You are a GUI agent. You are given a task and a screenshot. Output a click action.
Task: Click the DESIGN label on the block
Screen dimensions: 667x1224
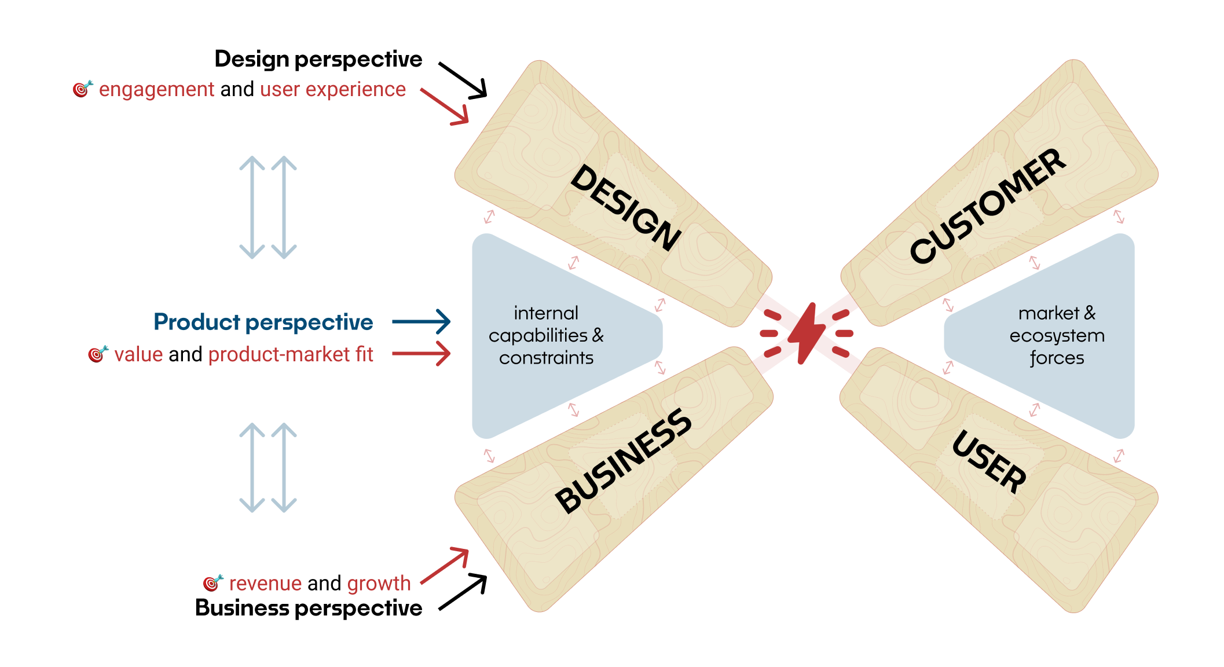[625, 208]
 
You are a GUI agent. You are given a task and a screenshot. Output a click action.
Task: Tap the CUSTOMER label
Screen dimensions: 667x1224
[987, 206]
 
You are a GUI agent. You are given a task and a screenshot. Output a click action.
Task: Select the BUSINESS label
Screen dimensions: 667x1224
[623, 461]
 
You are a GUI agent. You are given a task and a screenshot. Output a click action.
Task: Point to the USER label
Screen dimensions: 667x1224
[989, 461]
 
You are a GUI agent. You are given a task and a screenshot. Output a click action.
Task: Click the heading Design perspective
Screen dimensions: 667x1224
[318, 59]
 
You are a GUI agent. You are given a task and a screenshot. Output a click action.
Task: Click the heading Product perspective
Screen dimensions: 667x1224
[263, 322]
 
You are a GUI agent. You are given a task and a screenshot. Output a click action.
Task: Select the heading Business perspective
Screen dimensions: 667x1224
[308, 608]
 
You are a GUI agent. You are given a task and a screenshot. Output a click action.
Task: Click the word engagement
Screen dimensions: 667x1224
[156, 90]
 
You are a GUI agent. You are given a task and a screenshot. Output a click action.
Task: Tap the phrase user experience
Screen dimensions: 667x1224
[333, 90]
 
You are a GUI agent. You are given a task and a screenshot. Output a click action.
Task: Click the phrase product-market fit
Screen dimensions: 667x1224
[290, 354]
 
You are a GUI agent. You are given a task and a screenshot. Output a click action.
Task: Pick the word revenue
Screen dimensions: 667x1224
[266, 583]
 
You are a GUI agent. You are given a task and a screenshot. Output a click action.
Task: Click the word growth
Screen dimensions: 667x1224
[379, 583]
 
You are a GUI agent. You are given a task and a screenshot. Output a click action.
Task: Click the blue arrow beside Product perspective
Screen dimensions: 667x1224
[421, 322]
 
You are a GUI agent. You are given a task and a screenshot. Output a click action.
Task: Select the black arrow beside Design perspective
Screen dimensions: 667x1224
[463, 80]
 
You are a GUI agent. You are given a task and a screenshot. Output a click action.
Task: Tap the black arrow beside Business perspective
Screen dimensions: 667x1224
[463, 592]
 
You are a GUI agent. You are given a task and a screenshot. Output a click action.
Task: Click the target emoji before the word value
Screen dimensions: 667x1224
[98, 354]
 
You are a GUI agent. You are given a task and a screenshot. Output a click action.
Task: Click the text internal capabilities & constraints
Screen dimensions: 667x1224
[545, 335]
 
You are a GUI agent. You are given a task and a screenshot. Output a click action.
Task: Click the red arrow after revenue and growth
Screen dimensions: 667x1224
[445, 566]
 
